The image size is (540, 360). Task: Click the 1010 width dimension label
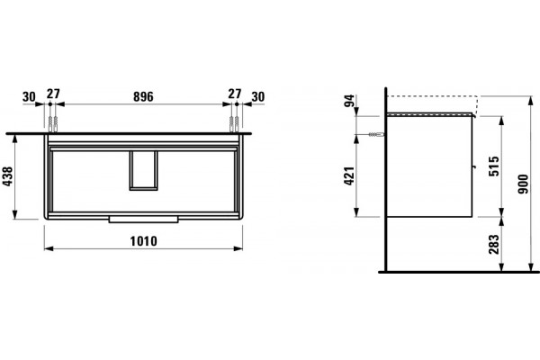144,241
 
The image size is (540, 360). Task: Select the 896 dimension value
143,97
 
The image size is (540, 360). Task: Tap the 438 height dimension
7,176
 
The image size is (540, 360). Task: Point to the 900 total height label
523,184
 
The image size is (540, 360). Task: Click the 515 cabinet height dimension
494,166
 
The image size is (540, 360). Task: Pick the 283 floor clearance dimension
494,244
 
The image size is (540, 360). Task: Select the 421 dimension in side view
349,175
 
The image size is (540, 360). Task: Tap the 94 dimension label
349,100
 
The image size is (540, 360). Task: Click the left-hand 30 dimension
29,97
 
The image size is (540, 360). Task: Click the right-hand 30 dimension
258,97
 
